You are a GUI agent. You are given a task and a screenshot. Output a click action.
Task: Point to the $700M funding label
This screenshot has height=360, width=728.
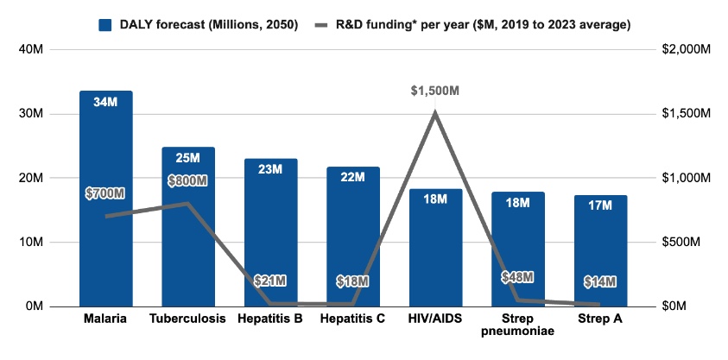[105, 193]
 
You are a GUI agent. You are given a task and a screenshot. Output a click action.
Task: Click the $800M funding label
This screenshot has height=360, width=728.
[188, 181]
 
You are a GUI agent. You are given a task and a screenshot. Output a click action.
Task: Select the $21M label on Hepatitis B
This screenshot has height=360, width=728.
[270, 281]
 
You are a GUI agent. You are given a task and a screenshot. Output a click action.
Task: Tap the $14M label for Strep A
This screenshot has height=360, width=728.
[600, 281]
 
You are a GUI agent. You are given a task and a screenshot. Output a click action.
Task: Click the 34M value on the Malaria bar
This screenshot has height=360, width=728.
[105, 102]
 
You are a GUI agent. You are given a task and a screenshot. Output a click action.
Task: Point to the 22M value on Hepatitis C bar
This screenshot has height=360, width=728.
[353, 178]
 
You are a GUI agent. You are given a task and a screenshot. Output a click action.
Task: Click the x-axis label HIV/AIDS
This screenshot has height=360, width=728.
[435, 319]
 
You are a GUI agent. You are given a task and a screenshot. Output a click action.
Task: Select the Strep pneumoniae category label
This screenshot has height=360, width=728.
[518, 325]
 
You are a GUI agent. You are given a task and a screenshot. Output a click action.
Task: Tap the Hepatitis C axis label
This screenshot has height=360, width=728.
[353, 319]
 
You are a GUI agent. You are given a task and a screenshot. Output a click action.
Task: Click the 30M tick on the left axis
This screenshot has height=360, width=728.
[31, 114]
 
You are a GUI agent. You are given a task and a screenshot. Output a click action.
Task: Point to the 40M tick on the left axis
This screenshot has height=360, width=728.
[31, 50]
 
